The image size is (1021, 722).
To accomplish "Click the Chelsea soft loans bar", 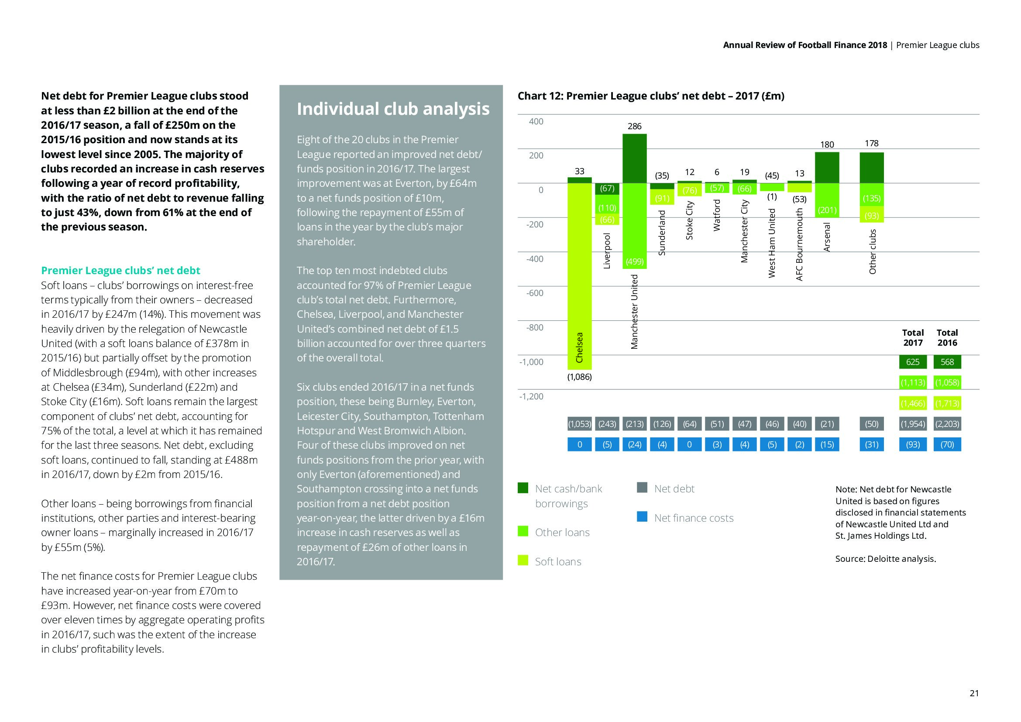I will pyautogui.click(x=579, y=275).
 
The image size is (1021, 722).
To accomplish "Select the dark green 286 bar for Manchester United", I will pyautogui.click(x=635, y=158).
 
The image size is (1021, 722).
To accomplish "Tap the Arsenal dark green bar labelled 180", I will pyautogui.click(x=827, y=168).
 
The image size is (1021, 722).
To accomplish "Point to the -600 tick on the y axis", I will pyautogui.click(x=535, y=293).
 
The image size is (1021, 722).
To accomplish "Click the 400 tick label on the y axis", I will pyautogui.click(x=536, y=121).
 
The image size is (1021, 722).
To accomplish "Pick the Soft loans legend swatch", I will pyautogui.click(x=523, y=560).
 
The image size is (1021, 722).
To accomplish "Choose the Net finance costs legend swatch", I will pyautogui.click(x=642, y=517).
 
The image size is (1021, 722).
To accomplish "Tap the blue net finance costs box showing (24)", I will pyautogui.click(x=635, y=444).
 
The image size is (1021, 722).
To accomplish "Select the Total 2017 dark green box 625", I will pyautogui.click(x=912, y=362).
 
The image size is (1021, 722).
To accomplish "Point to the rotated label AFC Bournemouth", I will pyautogui.click(x=800, y=244).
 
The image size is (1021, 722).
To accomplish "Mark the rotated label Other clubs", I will pyautogui.click(x=872, y=251).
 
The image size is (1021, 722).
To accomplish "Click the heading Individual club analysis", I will pyautogui.click(x=393, y=110).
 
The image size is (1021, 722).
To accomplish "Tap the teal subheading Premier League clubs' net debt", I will pyautogui.click(x=120, y=271).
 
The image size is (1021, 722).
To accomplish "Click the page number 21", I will pyautogui.click(x=974, y=693).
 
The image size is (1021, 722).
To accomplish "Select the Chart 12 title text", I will pyautogui.click(x=650, y=96).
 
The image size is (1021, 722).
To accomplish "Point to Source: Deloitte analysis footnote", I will pyautogui.click(x=885, y=559).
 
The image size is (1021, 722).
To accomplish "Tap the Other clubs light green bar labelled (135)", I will pyautogui.click(x=872, y=195).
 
